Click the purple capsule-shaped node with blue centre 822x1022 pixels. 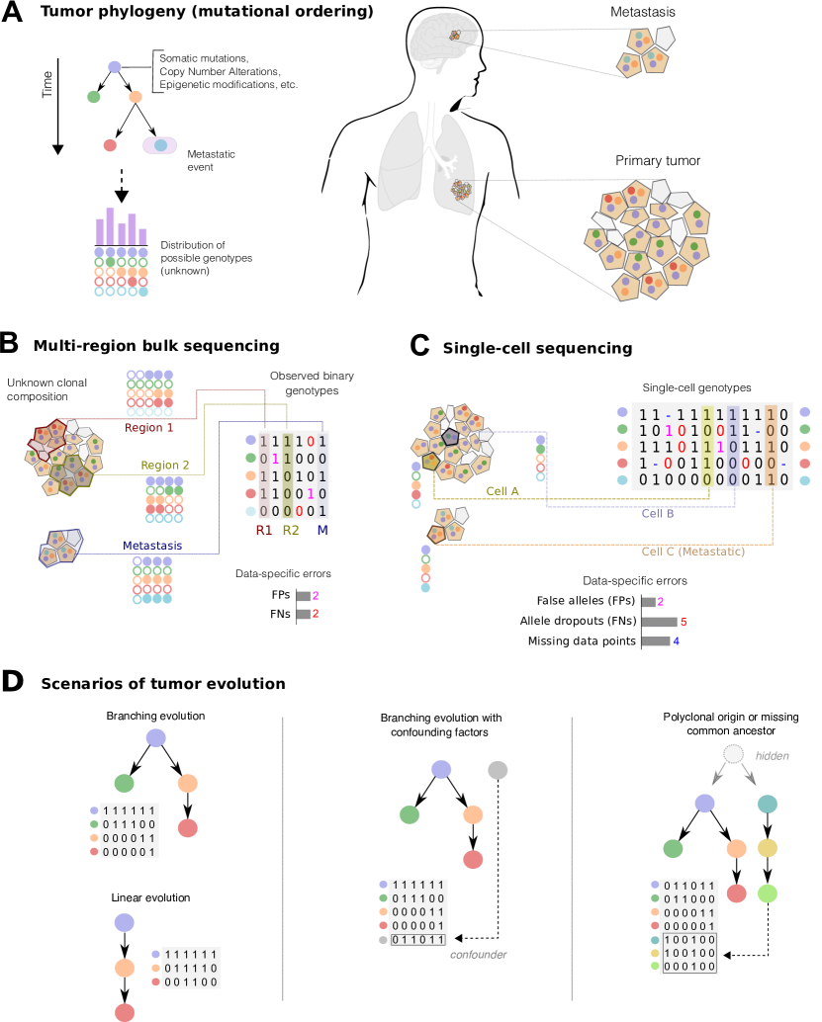coord(159,145)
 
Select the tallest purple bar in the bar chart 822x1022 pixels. coord(111,225)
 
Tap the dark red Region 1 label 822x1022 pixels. coord(149,428)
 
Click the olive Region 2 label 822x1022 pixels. coord(165,466)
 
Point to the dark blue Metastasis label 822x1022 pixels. coord(152,546)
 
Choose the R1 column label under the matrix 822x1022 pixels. coord(264,530)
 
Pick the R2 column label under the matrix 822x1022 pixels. coord(290,530)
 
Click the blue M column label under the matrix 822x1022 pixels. coord(322,530)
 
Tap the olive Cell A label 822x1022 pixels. coord(502,491)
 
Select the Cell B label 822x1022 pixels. coord(658,514)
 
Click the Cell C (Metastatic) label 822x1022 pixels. coord(692,552)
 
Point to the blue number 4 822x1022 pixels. coord(676,641)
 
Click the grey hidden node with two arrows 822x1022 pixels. coord(733,754)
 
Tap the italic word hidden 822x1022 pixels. coord(772,756)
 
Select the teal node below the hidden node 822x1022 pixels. coord(768,804)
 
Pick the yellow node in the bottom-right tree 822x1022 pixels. coord(768,848)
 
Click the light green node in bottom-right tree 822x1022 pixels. coord(768,894)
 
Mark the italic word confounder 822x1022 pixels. coord(478,955)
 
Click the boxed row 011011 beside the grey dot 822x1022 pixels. coord(418,940)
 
